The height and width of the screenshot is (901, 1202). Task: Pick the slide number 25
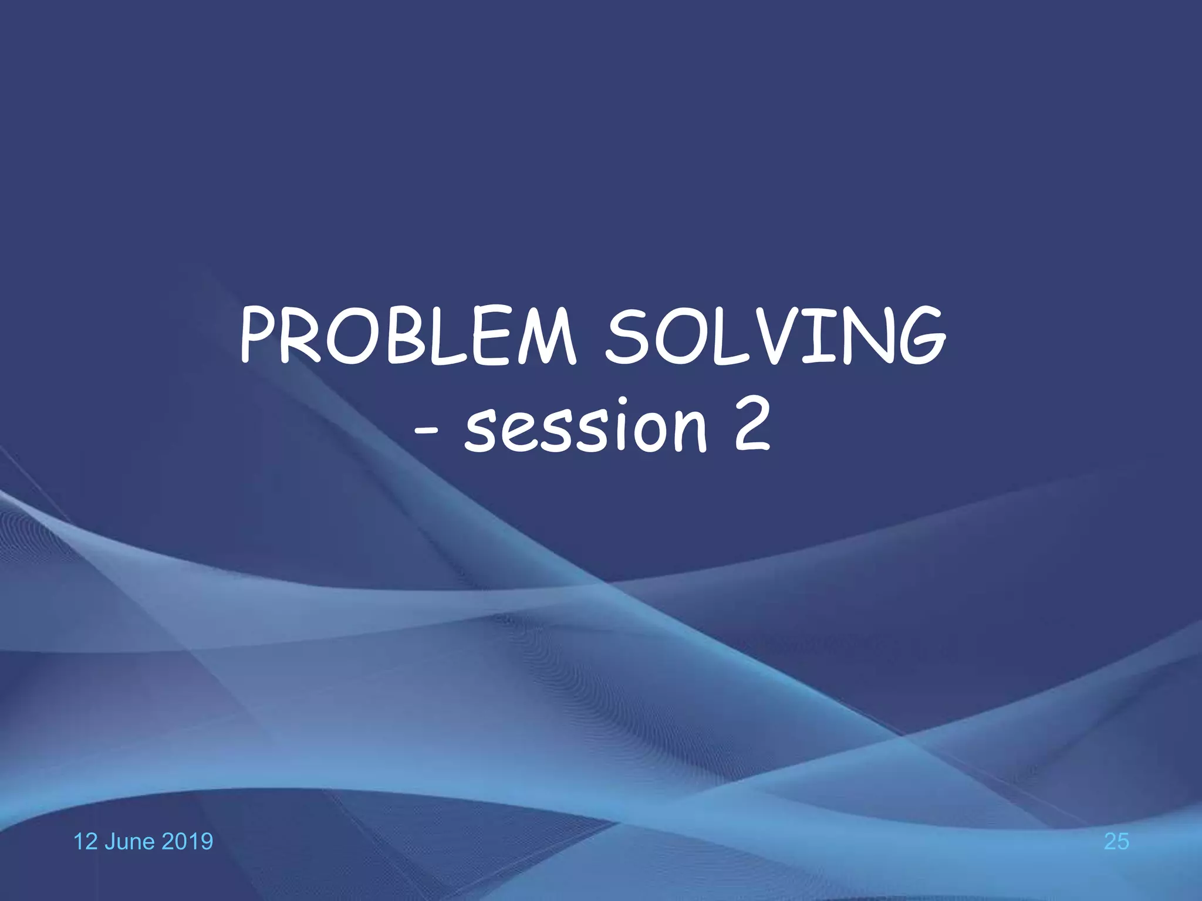click(1116, 842)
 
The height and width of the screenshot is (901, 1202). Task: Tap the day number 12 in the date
click(84, 842)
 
